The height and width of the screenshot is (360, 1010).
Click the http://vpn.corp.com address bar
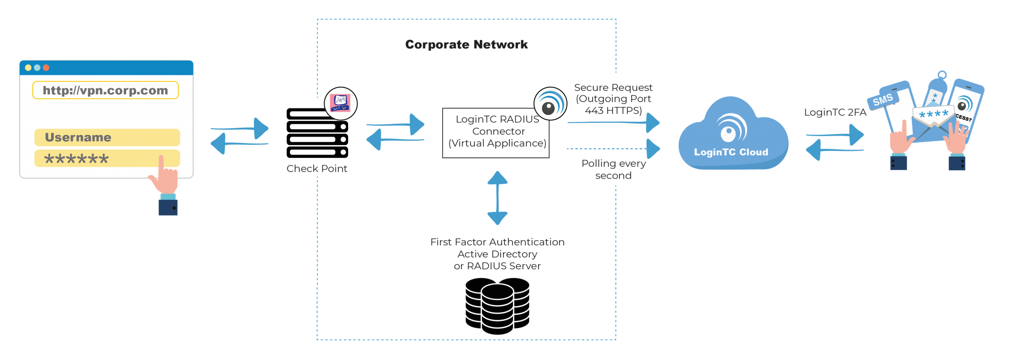(x=105, y=90)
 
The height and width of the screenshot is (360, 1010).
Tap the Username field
(x=107, y=137)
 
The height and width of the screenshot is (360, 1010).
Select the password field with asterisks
(x=107, y=159)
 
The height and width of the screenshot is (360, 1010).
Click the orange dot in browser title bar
(x=46, y=68)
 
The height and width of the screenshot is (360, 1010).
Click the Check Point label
(x=317, y=169)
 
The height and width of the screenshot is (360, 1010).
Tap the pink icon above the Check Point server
(x=340, y=103)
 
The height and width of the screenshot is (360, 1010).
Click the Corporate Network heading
(x=467, y=45)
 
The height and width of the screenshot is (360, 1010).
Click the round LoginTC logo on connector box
(x=550, y=104)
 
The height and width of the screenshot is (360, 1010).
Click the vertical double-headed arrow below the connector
(x=497, y=198)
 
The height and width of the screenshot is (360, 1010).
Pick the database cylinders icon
(x=497, y=305)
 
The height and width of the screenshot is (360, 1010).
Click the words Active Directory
(x=497, y=254)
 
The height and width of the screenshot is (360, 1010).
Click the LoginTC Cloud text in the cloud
(x=731, y=152)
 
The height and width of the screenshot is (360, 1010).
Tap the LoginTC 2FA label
(x=834, y=112)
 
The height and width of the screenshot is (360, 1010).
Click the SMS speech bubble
(x=883, y=100)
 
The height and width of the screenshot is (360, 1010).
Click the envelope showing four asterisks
(x=933, y=118)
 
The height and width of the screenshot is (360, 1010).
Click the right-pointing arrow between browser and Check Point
(x=241, y=128)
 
